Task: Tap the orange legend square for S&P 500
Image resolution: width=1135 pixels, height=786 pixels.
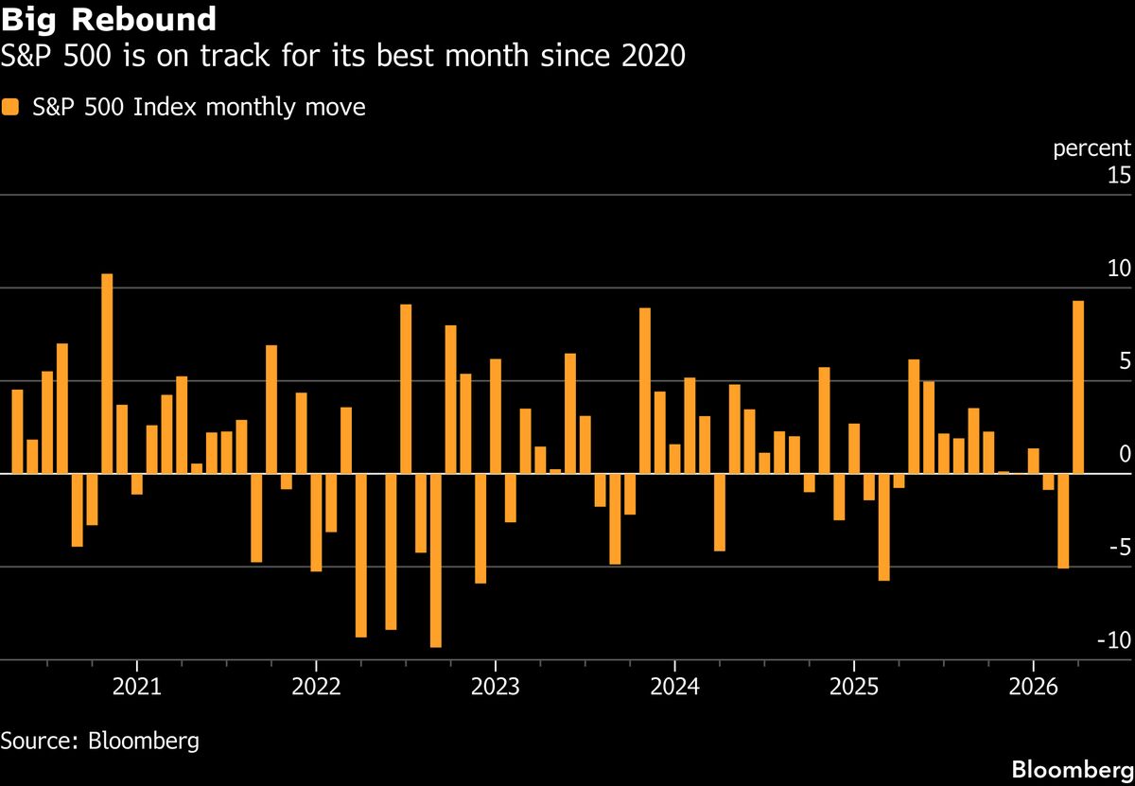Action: tap(10, 108)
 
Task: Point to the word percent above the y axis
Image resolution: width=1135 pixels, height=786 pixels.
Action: tap(1091, 148)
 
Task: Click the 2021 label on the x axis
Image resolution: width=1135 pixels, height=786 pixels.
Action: tap(137, 685)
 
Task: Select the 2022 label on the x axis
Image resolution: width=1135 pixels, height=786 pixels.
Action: tap(316, 685)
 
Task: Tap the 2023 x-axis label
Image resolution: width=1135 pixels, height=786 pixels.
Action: tap(495, 685)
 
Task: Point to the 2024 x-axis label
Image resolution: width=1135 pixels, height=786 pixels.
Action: tap(674, 685)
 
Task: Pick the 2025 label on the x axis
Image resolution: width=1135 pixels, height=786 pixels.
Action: tap(853, 685)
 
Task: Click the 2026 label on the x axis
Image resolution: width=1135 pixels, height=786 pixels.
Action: tap(1033, 685)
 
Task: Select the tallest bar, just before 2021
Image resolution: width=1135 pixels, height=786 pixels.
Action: tap(107, 373)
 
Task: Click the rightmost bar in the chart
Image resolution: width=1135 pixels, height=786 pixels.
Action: tap(1077, 387)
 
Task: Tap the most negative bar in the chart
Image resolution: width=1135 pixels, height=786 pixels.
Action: tap(435, 560)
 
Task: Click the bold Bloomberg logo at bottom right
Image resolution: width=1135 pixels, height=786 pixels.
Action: tap(1071, 768)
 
